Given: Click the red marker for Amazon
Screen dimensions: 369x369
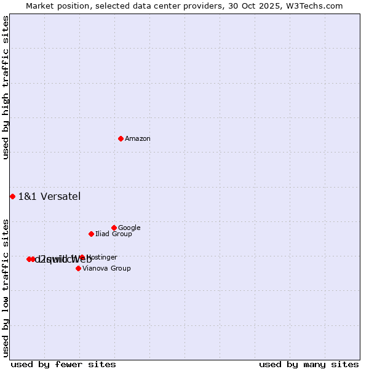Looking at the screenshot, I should coord(121,138).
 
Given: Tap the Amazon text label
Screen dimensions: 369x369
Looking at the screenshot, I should coord(137,139).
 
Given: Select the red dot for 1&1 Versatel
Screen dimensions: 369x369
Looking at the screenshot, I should coord(12,196).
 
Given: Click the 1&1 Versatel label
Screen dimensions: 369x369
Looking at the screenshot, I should coord(49,197).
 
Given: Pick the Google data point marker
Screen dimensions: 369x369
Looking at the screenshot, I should coord(114,228).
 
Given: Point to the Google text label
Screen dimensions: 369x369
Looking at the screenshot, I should coord(129,228).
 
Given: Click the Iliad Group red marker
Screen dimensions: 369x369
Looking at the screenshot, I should coord(91,234).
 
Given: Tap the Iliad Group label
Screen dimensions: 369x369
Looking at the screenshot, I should coord(113,234).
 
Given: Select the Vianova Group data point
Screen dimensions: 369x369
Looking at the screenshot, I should coord(78,268).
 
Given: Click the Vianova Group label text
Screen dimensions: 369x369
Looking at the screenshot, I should coord(106,269).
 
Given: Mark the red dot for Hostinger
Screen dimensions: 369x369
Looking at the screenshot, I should coord(82,257).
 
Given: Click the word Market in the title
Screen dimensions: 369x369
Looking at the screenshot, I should coord(41,6).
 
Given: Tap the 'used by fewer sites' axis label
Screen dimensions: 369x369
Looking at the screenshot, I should coord(63,364).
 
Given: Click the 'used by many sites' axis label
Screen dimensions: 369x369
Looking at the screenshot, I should coord(309,364).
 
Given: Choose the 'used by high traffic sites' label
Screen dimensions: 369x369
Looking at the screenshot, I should coord(6,87).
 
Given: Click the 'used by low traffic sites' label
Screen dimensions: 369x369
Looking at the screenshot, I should coord(6,288).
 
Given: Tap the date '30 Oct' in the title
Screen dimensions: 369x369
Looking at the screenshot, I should coord(248,6).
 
